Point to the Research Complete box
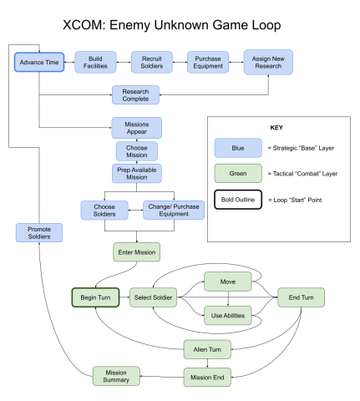click(135, 94)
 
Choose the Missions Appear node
click(135, 128)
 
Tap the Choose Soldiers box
click(104, 210)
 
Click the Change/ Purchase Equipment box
click(174, 210)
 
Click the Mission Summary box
click(116, 377)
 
